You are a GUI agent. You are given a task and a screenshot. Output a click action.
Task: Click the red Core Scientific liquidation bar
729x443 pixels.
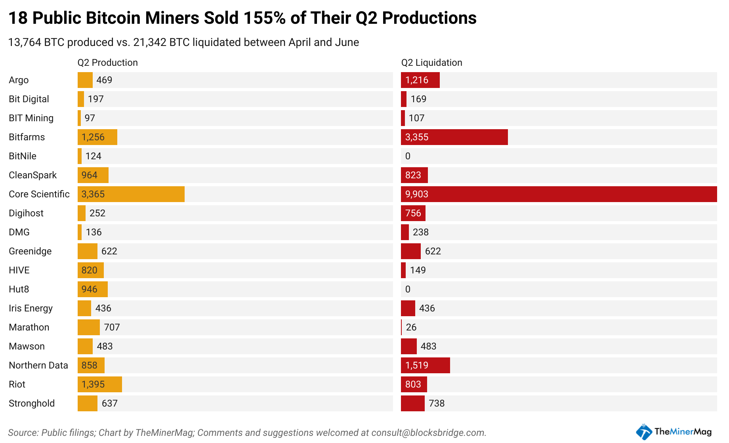point(559,194)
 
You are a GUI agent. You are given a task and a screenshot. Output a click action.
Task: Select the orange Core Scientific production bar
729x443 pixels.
point(131,194)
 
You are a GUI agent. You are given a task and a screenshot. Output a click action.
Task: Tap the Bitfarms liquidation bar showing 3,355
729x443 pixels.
point(454,137)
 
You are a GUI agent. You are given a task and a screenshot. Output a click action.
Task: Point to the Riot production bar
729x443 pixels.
point(99,384)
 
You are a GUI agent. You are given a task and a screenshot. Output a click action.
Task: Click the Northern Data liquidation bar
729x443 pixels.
point(425,365)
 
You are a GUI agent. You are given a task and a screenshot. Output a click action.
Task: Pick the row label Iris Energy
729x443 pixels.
point(31,308)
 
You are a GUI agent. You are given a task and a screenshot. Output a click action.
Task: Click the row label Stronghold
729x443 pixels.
point(32,403)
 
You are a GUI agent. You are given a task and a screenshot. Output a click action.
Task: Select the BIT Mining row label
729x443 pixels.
point(31,118)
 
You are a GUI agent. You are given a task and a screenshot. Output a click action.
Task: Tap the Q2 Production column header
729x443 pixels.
point(107,63)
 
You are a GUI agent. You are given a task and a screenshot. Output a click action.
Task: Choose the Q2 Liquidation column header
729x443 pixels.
point(431,63)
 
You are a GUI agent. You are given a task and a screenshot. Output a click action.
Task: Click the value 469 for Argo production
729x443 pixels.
point(104,80)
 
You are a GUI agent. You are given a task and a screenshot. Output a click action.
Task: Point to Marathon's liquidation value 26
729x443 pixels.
point(411,327)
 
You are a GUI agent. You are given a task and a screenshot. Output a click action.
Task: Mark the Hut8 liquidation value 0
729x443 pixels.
point(408,289)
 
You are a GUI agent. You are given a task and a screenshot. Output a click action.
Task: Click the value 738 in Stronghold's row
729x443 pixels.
point(437,403)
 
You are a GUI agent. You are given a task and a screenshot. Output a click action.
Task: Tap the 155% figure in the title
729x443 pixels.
point(264,18)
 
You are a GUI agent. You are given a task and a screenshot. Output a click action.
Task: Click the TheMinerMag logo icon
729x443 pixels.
point(644,432)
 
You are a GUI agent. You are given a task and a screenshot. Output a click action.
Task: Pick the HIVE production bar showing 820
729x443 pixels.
point(90,270)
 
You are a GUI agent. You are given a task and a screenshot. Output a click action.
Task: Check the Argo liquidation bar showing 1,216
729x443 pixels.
point(420,80)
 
